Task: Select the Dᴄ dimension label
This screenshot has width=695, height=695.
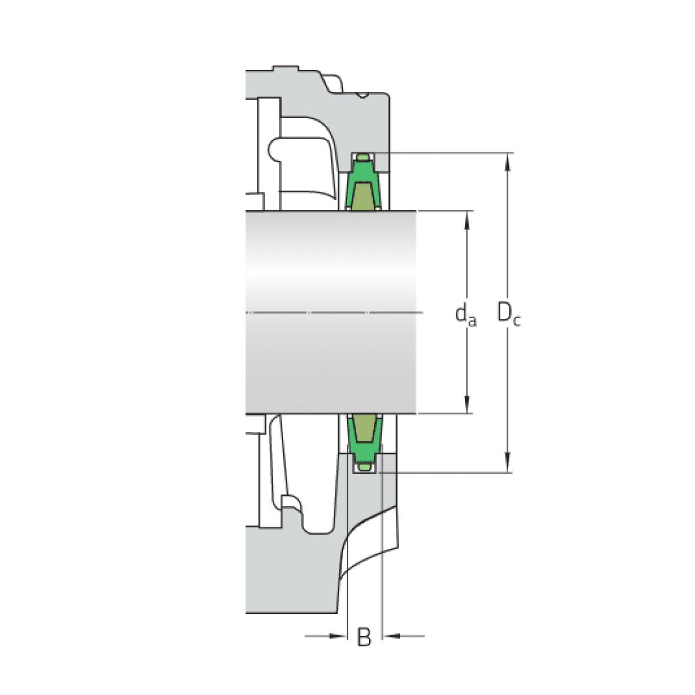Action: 509,314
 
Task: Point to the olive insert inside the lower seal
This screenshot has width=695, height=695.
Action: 364,427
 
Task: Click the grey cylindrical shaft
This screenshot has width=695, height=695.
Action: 330,266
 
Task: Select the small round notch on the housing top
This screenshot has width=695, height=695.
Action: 363,95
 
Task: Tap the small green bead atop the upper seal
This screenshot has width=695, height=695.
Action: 363,158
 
